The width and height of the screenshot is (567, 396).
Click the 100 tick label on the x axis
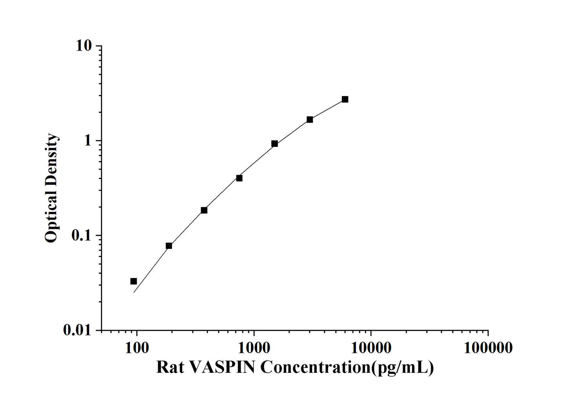[137, 347]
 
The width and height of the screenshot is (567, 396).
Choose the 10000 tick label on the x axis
[371, 347]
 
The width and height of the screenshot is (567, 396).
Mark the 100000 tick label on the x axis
[488, 347]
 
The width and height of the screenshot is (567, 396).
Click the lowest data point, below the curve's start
[133, 281]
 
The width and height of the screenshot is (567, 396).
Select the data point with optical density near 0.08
[169, 246]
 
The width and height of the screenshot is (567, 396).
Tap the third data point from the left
[204, 210]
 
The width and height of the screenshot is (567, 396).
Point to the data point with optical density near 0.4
[239, 178]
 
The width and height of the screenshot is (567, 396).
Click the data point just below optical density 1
[275, 144]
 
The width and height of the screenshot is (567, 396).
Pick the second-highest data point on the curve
[310, 119]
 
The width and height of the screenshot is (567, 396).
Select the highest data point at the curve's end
[345, 99]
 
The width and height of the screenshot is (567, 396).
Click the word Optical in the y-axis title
[51, 217]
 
